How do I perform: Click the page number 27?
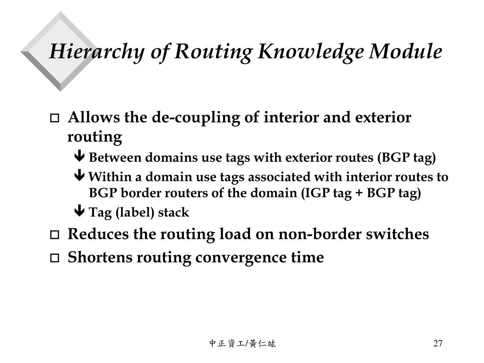coord(438,343)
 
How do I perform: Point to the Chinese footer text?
coord(242,344)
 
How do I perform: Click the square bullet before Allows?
coord(55,118)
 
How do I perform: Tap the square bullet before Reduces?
coord(55,235)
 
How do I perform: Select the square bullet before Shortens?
coord(55,258)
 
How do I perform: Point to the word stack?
coord(173,213)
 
